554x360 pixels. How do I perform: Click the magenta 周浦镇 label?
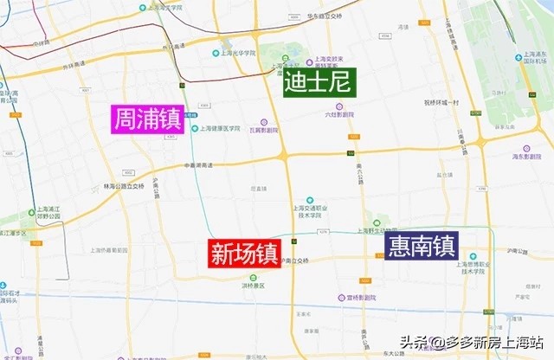[148, 119]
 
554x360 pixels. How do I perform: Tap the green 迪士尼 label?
[319, 82]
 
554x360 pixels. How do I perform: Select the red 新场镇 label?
[244, 254]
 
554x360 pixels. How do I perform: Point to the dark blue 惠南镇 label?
[422, 246]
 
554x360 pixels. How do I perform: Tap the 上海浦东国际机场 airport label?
[534, 57]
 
